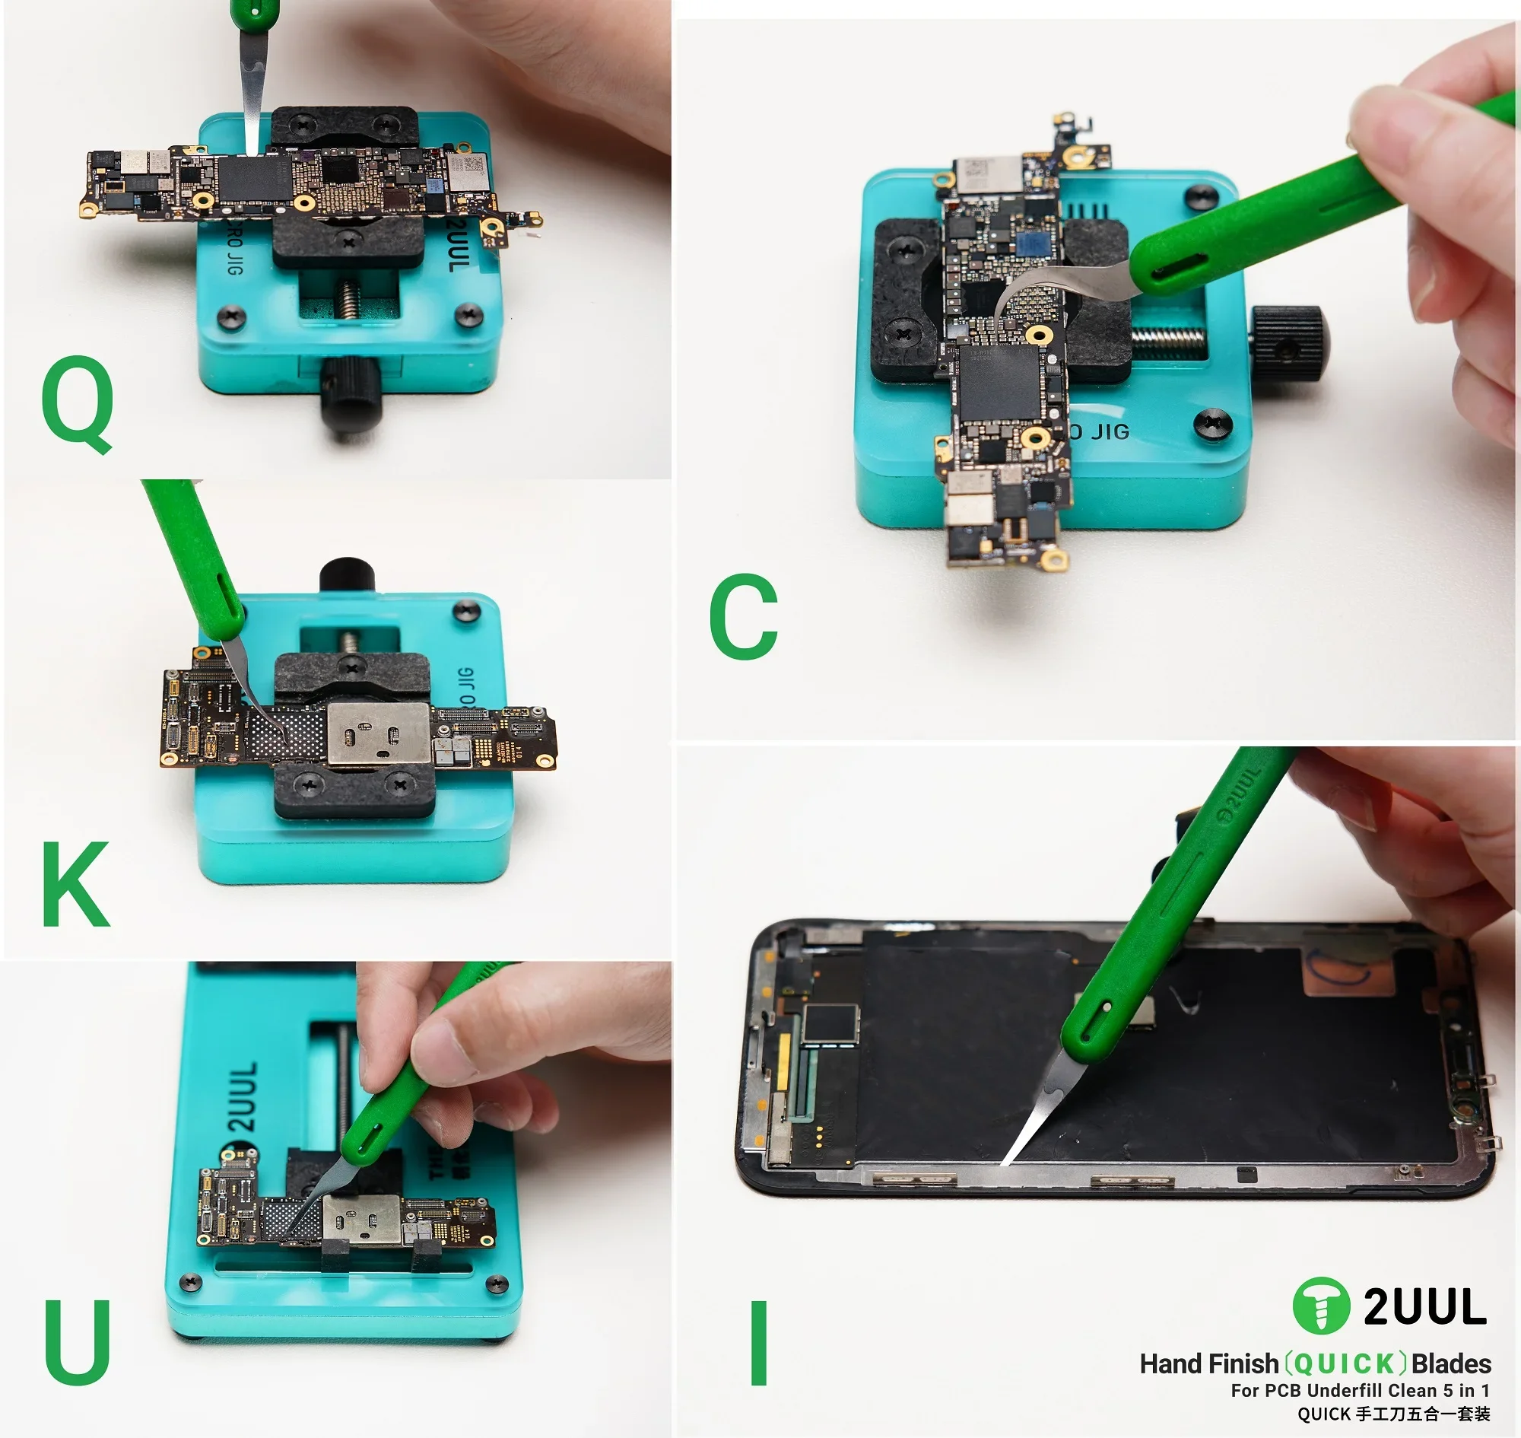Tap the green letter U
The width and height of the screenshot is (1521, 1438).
77,1341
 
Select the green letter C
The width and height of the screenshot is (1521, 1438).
743,616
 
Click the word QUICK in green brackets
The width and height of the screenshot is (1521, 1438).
1345,1363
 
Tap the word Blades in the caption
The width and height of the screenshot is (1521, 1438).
1450,1363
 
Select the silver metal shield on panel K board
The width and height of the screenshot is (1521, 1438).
378,733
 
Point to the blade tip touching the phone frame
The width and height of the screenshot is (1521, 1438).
1006,1161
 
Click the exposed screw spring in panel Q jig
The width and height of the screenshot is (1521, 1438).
348,297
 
